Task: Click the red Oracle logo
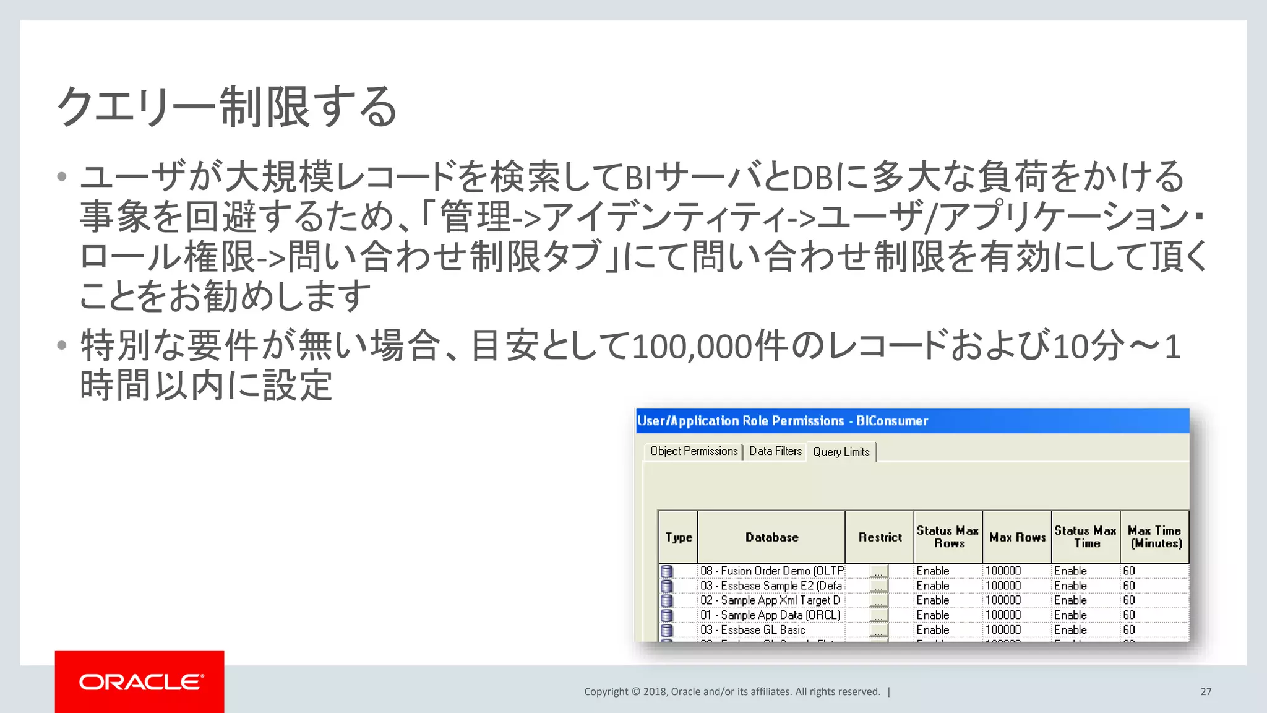(x=140, y=681)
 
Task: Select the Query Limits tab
(x=841, y=452)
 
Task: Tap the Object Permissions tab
(x=694, y=451)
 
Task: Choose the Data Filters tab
(x=775, y=451)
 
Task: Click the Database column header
(x=771, y=537)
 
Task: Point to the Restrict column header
(x=880, y=537)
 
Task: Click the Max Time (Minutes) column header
(x=1155, y=537)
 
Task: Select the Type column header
(x=679, y=537)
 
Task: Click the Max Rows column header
(x=1017, y=537)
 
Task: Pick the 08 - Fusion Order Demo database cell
(x=771, y=571)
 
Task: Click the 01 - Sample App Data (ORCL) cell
(x=770, y=615)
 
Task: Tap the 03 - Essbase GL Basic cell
(x=753, y=630)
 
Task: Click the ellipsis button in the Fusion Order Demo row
(x=878, y=571)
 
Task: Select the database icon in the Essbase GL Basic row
(x=667, y=631)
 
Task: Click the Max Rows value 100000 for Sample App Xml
(x=1003, y=600)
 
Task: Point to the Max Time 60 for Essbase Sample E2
(x=1129, y=586)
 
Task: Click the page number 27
(x=1206, y=692)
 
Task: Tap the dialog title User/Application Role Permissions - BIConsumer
(x=783, y=421)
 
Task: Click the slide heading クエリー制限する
(x=226, y=106)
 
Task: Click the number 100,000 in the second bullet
(x=692, y=347)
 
